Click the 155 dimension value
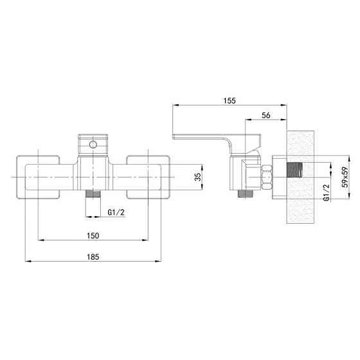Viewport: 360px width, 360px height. (230, 100)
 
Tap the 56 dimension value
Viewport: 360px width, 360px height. (266, 115)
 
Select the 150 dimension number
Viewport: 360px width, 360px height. (93, 235)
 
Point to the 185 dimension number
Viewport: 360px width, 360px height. (93, 256)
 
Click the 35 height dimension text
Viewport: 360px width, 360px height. (198, 177)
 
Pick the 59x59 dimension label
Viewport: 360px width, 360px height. (345, 177)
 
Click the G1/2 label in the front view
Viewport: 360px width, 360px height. (116, 212)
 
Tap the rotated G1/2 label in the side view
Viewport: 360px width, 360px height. (327, 192)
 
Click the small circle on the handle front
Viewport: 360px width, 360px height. (93, 145)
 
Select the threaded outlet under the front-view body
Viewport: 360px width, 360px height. (93, 194)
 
